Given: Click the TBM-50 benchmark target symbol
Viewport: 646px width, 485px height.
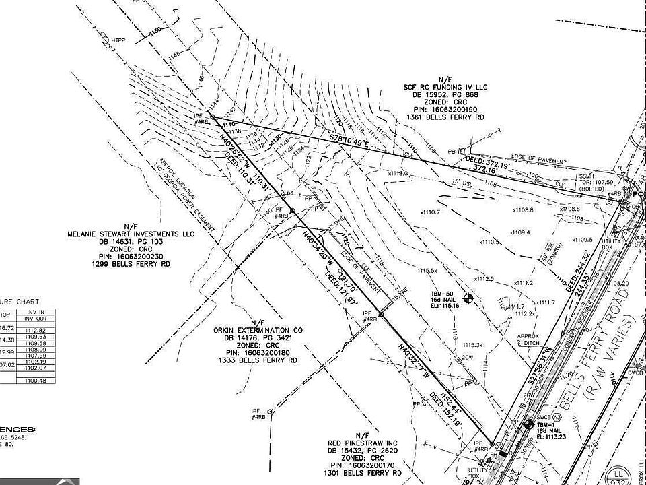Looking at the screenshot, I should pyautogui.click(x=470, y=297).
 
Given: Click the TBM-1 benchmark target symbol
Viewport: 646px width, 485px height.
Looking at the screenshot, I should pyautogui.click(x=528, y=424).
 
